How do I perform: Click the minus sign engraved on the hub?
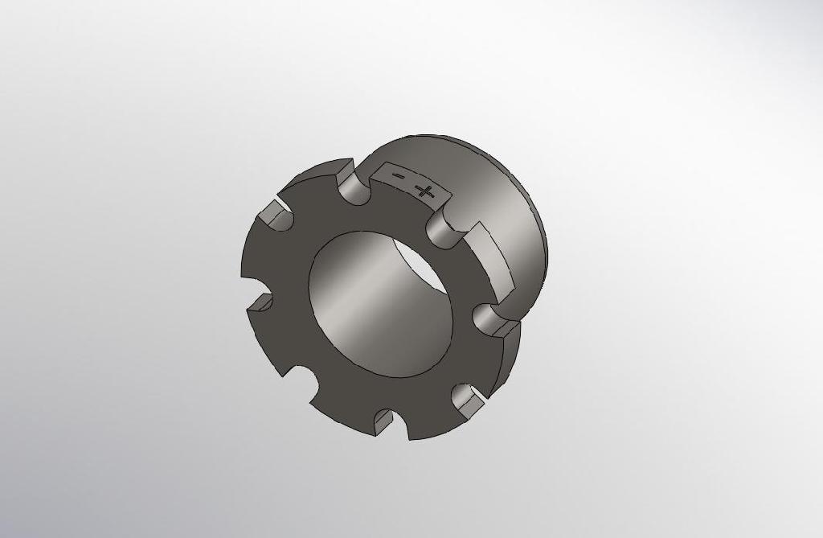pyautogui.click(x=396, y=175)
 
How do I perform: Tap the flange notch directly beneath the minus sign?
pyautogui.click(x=354, y=191)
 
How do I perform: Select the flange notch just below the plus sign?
pyautogui.click(x=441, y=226)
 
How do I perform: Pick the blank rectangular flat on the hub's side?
pyautogui.click(x=491, y=257)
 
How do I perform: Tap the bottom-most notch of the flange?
pyautogui.click(x=384, y=418)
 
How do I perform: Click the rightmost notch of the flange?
pyautogui.click(x=489, y=318)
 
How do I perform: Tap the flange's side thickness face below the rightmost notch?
pyautogui.click(x=510, y=354)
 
